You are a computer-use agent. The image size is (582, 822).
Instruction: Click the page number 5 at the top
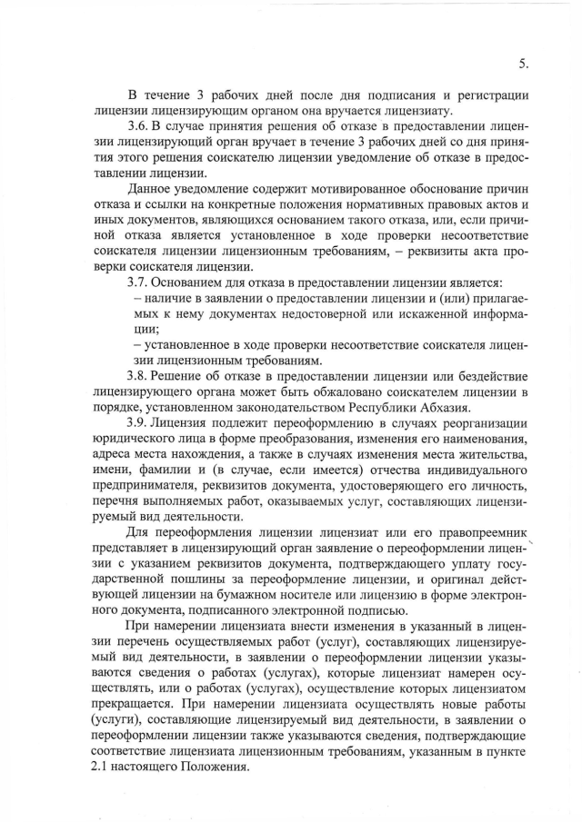click(523, 64)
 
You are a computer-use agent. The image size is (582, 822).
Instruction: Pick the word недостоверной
click(310, 314)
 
